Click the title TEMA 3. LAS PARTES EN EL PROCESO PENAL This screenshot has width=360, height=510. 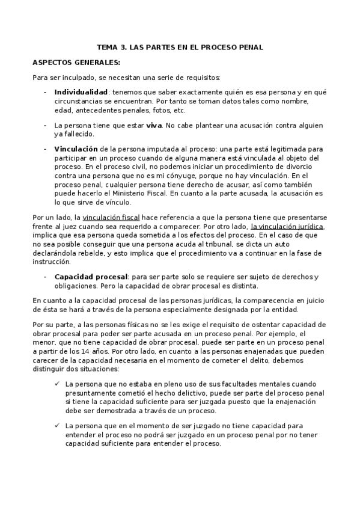pos(180,47)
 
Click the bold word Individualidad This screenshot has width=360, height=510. pos(81,92)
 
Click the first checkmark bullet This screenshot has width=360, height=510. pos(56,383)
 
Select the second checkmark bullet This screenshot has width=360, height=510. pos(56,425)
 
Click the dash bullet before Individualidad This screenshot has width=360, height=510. pos(45,92)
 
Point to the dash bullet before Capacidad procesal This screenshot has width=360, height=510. pos(45,276)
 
